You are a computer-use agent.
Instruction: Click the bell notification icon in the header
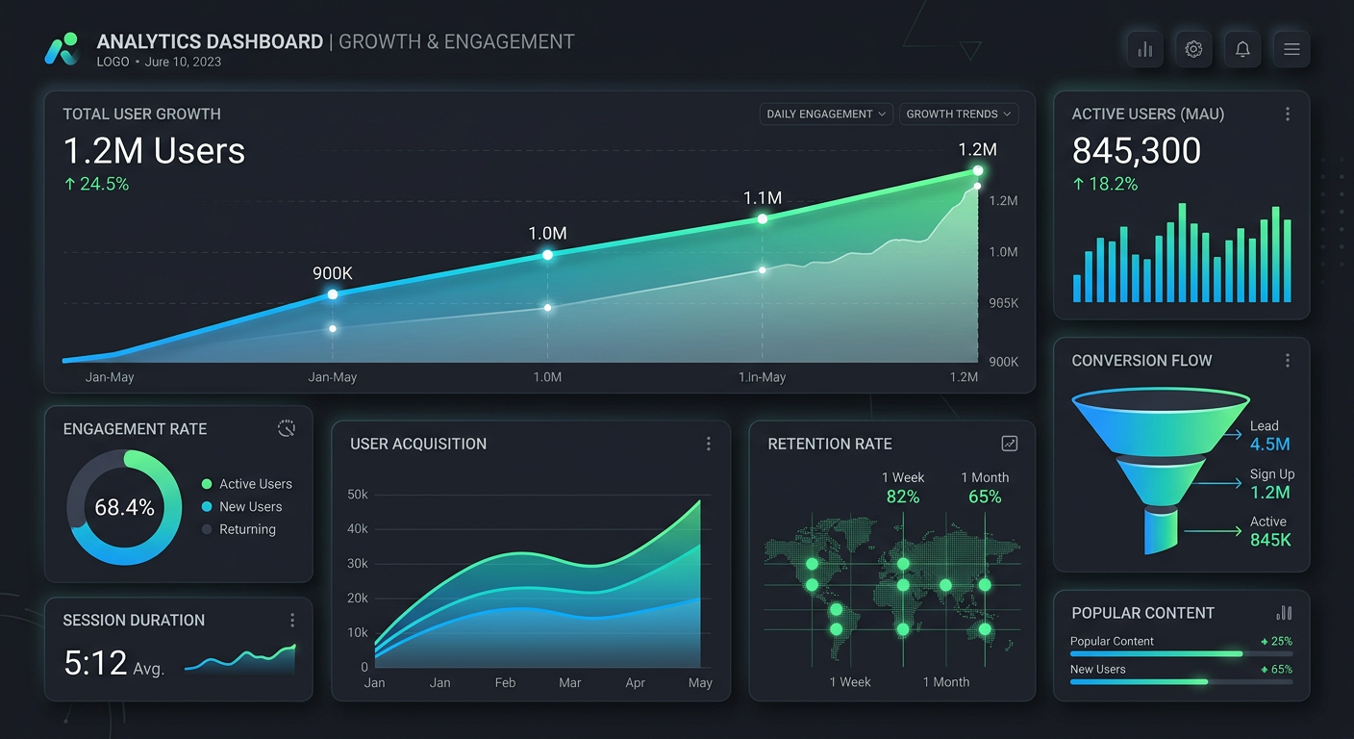tap(1242, 49)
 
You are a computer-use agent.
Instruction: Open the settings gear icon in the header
tap(1193, 49)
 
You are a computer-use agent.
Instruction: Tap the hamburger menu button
tap(1291, 49)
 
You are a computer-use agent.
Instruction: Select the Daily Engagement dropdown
tap(826, 114)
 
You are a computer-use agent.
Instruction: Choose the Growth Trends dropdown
tap(959, 114)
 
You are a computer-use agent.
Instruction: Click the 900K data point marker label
tap(333, 273)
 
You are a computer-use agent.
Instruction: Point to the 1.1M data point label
tap(762, 198)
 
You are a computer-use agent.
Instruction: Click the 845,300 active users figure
tap(1137, 151)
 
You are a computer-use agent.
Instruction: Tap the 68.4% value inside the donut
tap(124, 507)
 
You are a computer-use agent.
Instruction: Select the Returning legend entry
tap(246, 529)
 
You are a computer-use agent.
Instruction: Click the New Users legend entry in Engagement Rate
tap(250, 506)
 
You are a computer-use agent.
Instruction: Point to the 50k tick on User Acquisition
tap(358, 495)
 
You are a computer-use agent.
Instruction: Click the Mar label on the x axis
tap(570, 682)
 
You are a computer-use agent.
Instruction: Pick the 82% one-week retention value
tap(903, 497)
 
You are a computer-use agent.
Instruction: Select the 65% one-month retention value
tap(985, 497)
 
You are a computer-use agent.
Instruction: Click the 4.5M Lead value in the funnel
tap(1269, 444)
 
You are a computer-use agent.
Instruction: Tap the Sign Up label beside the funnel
tap(1271, 473)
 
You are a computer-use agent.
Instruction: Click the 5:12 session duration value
tap(95, 663)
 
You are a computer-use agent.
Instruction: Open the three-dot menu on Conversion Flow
tap(1288, 360)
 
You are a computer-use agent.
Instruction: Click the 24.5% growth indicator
tap(96, 184)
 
